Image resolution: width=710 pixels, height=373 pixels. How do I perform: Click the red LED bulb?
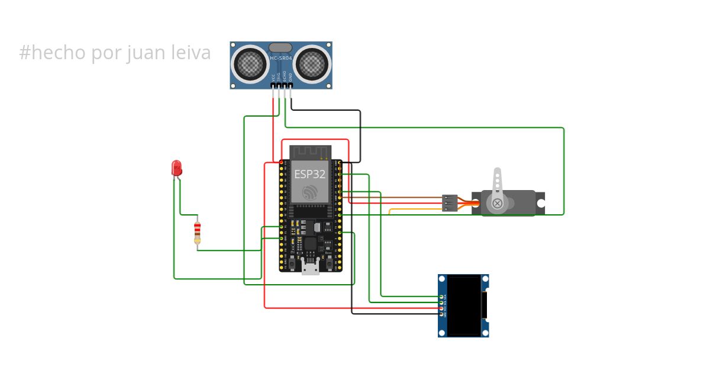pos(176,168)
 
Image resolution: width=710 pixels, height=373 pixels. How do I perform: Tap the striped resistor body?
pos(197,232)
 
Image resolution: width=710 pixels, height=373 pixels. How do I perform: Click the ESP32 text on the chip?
pos(309,174)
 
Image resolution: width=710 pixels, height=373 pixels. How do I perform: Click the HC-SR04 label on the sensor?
pos(281,57)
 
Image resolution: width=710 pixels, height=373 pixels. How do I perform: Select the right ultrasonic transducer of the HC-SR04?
pos(312,62)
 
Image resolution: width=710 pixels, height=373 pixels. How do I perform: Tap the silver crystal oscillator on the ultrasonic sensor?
pos(281,47)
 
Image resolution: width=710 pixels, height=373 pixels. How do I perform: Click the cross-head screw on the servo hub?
pos(497,204)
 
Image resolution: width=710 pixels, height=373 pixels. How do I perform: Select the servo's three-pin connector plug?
pos(450,203)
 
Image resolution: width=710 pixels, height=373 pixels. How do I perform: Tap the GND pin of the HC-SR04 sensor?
pos(291,86)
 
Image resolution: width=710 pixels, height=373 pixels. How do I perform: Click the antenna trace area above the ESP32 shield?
pos(309,152)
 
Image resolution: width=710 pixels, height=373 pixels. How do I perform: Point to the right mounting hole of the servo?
pos(540,203)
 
